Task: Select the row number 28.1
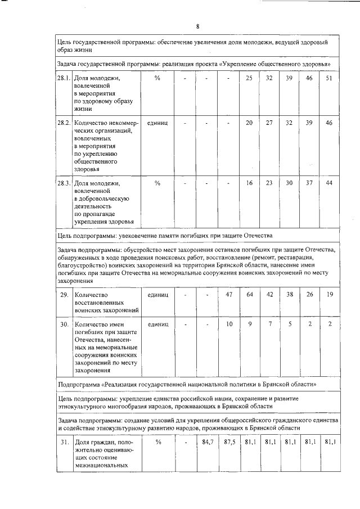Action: (x=64, y=78)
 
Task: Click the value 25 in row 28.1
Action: (x=249, y=78)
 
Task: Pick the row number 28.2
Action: (x=64, y=123)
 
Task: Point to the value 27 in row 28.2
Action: (x=269, y=123)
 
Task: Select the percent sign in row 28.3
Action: (x=157, y=183)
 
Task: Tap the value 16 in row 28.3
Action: (x=249, y=183)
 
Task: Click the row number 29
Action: (x=64, y=294)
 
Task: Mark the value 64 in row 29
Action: (x=249, y=294)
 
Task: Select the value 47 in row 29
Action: (x=229, y=294)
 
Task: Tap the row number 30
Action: (x=64, y=325)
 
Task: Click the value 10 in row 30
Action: (x=229, y=325)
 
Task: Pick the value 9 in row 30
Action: (x=249, y=325)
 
